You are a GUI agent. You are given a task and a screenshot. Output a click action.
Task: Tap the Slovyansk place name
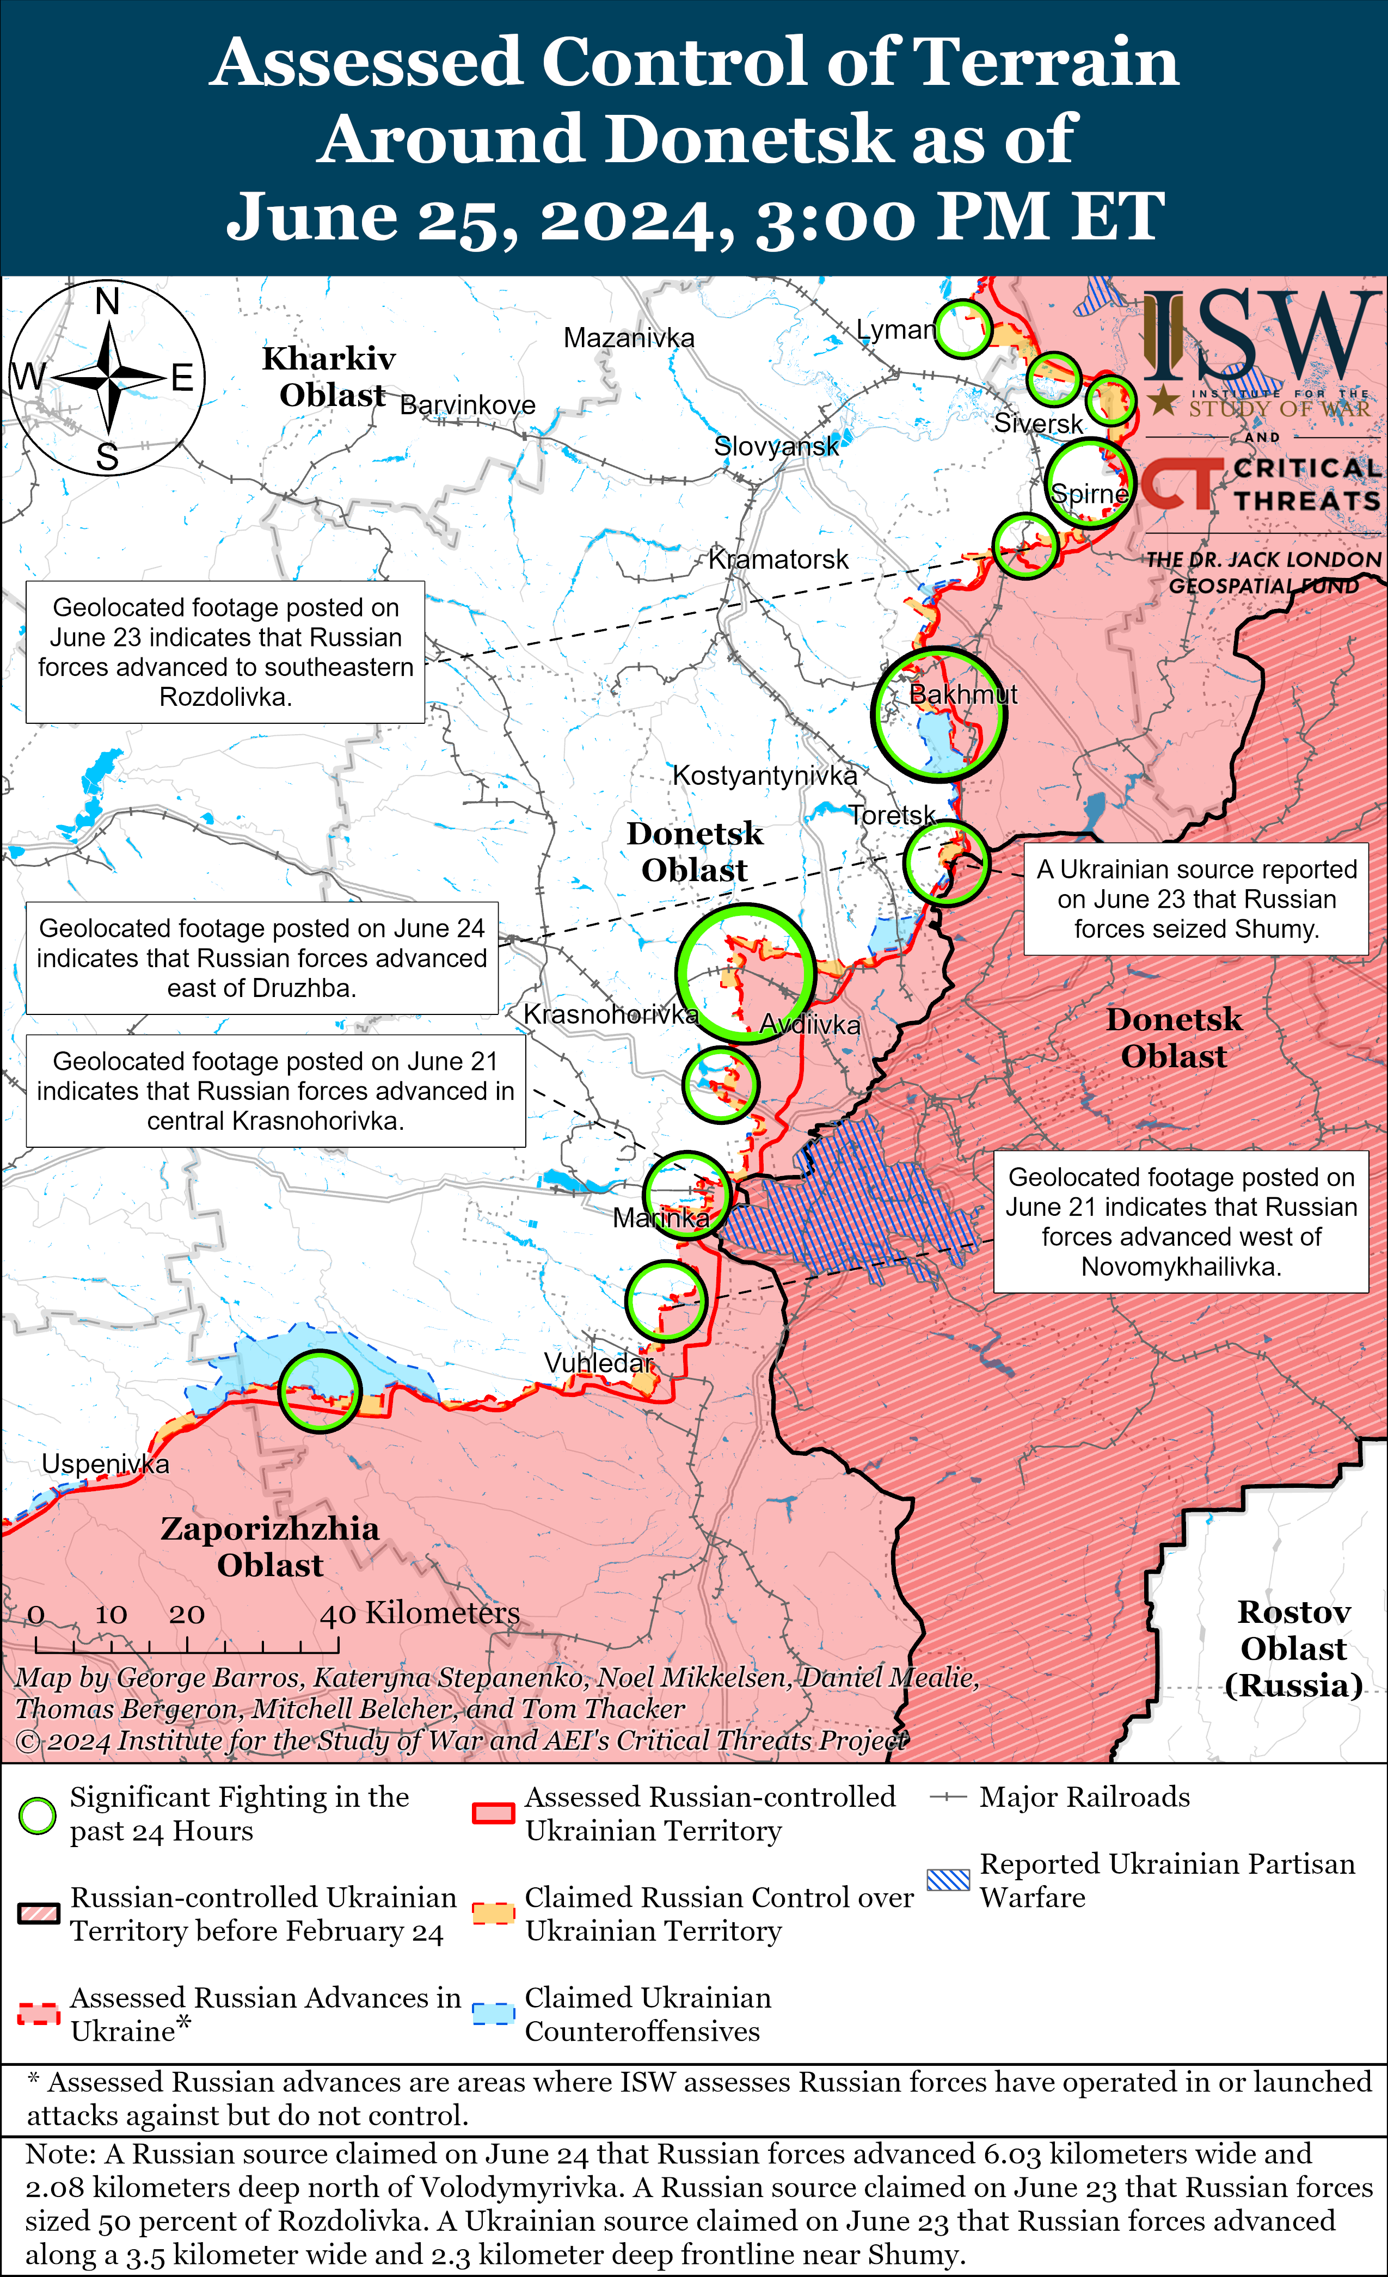click(776, 446)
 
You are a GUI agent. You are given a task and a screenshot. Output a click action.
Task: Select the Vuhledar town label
click(598, 1363)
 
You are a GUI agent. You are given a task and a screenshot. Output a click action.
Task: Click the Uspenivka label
click(106, 1464)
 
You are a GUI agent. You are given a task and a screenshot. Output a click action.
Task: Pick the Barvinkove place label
click(468, 405)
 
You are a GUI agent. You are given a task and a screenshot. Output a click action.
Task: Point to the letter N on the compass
click(107, 302)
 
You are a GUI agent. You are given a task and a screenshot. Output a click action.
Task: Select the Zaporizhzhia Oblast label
click(270, 1547)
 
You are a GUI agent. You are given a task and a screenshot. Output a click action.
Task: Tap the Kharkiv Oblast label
click(329, 376)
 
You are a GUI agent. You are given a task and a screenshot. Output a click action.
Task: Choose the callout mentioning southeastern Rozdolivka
click(225, 653)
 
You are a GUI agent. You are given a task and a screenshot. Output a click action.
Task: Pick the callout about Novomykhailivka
click(1181, 1222)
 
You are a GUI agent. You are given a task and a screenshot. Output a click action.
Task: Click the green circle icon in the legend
click(38, 1815)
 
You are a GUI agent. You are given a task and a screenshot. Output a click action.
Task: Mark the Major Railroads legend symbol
click(948, 1798)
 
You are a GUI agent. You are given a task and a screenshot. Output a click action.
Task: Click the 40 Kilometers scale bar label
click(420, 1614)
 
